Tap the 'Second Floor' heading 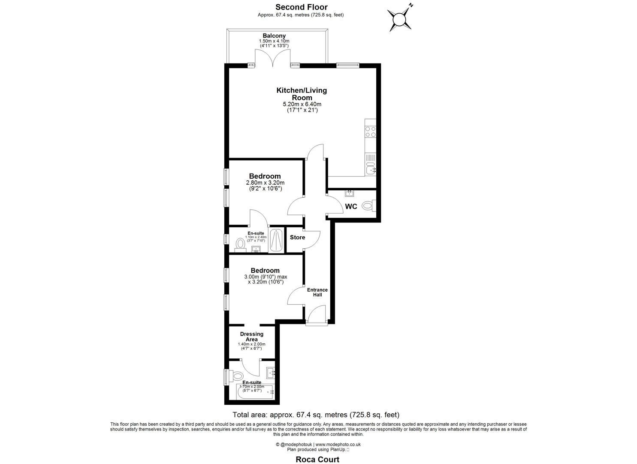coord(301,7)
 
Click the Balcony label coord(274,36)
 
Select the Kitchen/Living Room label coord(302,94)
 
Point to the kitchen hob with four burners coord(370,131)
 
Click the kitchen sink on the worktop coord(371,167)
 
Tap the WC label coord(351,207)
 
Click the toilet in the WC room coord(368,206)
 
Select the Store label coord(297,238)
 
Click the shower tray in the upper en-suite coord(277,241)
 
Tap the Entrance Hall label coord(317,292)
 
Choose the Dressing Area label coord(252,337)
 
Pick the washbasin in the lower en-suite coord(271,372)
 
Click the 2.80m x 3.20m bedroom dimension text coord(265,183)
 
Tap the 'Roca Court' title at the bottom coord(317,459)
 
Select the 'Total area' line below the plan coord(316,415)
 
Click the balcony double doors coord(273,58)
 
